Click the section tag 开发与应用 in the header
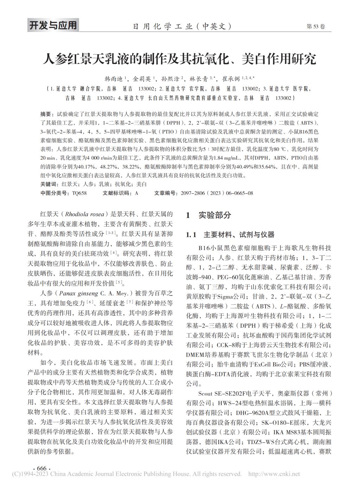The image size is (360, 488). coord(52,26)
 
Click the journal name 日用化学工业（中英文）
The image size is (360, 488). coord(182,26)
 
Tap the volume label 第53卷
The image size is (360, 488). coord(316,27)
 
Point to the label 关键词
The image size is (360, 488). coord(47,184)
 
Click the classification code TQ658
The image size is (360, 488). coord(79,193)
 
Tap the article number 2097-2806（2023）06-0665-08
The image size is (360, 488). coord(217,193)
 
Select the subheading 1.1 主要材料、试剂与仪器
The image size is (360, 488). coord(230,235)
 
